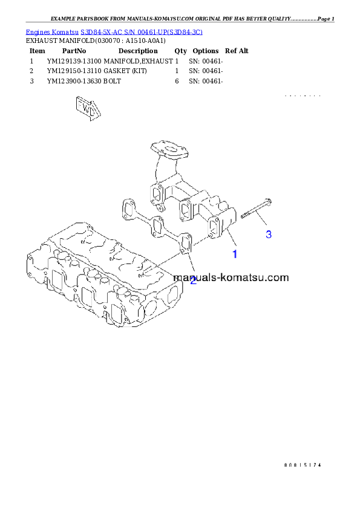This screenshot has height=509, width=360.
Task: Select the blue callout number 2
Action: (193, 280)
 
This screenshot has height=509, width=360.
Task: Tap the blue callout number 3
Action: (269, 234)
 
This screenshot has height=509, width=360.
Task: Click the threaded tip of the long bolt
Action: (243, 215)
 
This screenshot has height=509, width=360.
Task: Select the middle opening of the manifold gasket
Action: (157, 225)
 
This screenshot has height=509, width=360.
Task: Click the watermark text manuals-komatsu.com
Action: (231, 278)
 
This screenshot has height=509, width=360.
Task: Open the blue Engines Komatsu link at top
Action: (114, 31)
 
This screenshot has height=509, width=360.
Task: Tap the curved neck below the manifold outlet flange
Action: (161, 166)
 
